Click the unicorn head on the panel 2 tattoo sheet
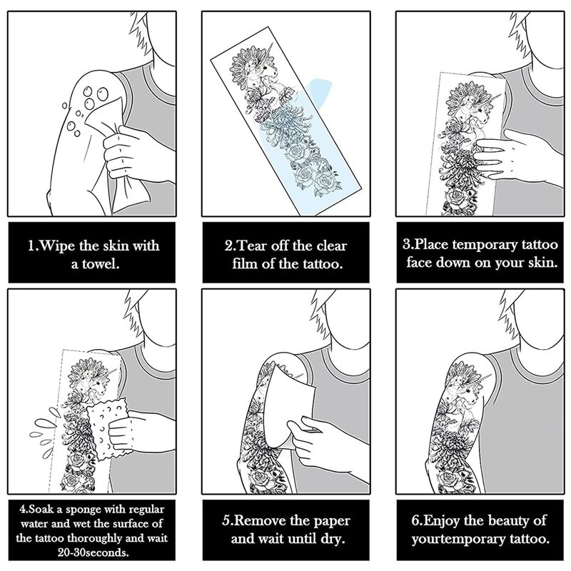click(265, 69)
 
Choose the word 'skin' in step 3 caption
click(542, 263)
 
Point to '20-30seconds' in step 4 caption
click(94, 552)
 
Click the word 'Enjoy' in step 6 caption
click(440, 521)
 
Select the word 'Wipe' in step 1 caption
click(56, 246)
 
